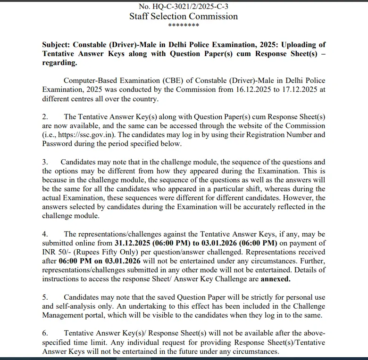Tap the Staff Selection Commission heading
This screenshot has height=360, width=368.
(x=184, y=16)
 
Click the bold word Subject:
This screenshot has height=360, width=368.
(x=56, y=45)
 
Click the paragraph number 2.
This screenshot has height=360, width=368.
(x=45, y=117)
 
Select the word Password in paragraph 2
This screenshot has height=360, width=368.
(x=58, y=144)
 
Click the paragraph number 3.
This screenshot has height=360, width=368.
(x=45, y=162)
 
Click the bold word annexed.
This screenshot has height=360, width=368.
(x=275, y=278)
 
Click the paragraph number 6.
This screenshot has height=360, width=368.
(x=45, y=333)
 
